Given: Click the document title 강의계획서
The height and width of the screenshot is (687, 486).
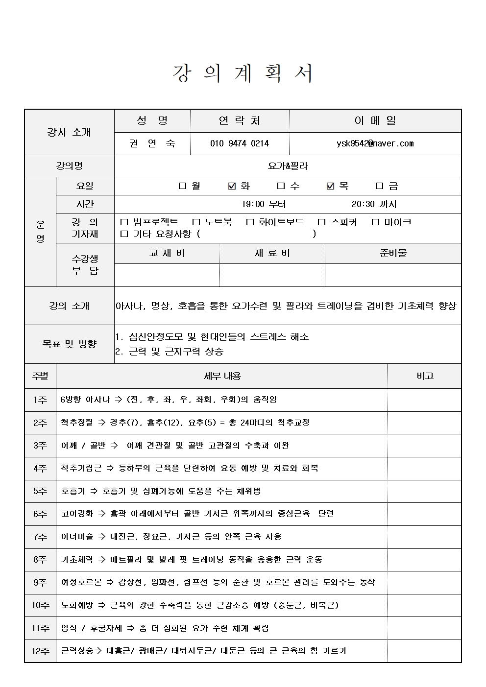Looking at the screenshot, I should pos(243,74).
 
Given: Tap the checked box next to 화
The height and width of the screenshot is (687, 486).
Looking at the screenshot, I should pos(232,186).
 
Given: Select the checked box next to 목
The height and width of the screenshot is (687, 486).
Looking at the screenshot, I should pos(330,186).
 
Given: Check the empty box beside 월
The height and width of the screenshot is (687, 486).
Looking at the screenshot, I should pos(183,186).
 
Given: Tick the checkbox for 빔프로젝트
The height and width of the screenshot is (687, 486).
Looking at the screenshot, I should pos(124,222).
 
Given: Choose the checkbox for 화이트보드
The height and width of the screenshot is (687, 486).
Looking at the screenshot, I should pos(250,222).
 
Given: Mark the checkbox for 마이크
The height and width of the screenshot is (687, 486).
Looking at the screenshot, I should pos(375,222).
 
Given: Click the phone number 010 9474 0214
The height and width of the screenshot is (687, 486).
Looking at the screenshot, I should pos(240,143).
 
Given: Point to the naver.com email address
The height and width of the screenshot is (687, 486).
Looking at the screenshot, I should pos(375,143).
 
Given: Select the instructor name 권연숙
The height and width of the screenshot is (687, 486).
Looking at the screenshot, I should pos(152,143).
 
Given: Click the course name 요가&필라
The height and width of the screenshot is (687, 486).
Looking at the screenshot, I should pos(288,166).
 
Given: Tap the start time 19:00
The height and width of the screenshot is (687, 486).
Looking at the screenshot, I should pos(253,204).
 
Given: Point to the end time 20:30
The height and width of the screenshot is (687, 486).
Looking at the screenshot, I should pos(363,204).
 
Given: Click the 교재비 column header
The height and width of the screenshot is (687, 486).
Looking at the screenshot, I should pos(167,253).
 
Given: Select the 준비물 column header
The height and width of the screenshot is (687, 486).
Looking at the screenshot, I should pos(393,253).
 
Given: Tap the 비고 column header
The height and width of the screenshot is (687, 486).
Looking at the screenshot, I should pos(424,376).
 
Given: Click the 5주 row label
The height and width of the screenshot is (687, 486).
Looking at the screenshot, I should pos(40,491).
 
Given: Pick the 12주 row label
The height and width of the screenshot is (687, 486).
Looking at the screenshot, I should pos(40,651).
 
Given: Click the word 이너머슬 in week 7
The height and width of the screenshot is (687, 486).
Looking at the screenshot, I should pos(77,537).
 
